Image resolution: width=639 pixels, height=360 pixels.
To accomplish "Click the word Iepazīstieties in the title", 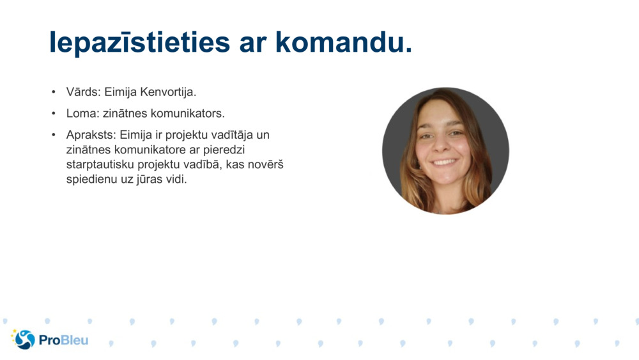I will [139, 42].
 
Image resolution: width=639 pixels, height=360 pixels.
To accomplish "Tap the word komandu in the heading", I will [344, 42].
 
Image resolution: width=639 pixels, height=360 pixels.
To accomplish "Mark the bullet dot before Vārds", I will [54, 92].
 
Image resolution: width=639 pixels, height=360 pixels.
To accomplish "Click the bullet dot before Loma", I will [54, 114].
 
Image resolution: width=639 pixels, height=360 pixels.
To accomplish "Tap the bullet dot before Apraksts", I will [54, 136].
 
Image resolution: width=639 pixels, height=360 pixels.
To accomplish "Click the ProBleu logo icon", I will [24, 340].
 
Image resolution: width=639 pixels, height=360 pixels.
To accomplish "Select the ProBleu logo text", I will [63, 340].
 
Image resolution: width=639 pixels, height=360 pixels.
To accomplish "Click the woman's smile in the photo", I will [443, 162].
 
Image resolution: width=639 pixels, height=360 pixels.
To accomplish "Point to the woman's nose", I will [442, 148].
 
